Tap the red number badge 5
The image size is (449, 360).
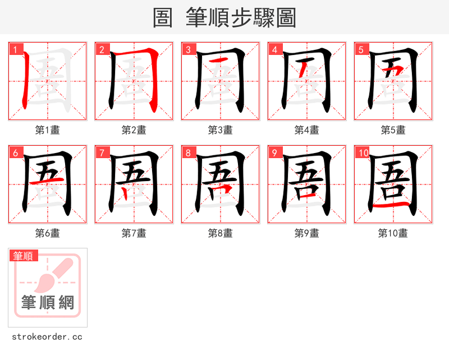361,49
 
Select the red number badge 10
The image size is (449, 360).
363,153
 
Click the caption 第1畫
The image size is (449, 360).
48,130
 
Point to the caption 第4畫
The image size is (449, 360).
307,130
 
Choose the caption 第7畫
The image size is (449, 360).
134,233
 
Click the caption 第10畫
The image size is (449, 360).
393,233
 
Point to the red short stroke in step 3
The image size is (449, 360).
220,60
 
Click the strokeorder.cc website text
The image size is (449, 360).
47,337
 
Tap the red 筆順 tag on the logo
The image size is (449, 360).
24,256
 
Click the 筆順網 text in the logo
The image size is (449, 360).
48,303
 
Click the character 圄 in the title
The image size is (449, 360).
163,18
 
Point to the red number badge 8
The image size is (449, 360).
188,153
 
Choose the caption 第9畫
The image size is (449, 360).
307,233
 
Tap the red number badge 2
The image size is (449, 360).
102,49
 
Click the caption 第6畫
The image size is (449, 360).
48,233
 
